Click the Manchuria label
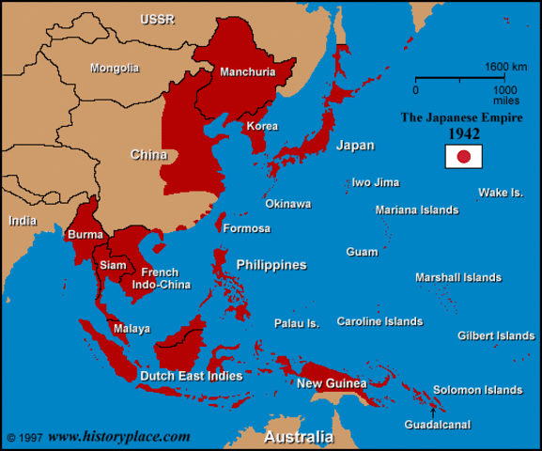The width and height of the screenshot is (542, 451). point(247,71)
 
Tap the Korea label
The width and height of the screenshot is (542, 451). point(262,126)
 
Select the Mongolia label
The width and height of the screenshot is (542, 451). point(115,68)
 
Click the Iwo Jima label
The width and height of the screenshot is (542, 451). point(375,182)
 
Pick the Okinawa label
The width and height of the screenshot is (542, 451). point(288,204)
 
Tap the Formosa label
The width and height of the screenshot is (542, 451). point(247,228)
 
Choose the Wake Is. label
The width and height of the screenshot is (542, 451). point(501,193)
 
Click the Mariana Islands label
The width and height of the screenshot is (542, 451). point(417,210)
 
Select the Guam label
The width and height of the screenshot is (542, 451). point(362,252)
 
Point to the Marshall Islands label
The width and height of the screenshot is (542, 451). point(458,277)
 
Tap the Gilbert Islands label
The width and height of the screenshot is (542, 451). point(496,335)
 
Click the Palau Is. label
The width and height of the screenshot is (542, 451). point(297,323)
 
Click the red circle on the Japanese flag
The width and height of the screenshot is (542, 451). point(463,156)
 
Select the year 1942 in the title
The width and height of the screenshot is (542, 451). point(463,133)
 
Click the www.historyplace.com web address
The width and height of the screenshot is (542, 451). point(119,437)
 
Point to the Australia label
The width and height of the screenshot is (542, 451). point(299,438)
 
